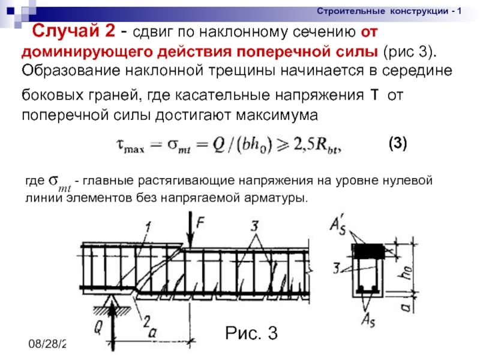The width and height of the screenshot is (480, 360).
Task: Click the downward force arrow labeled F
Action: tap(191, 231)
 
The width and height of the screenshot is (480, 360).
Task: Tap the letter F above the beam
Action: tap(202, 221)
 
